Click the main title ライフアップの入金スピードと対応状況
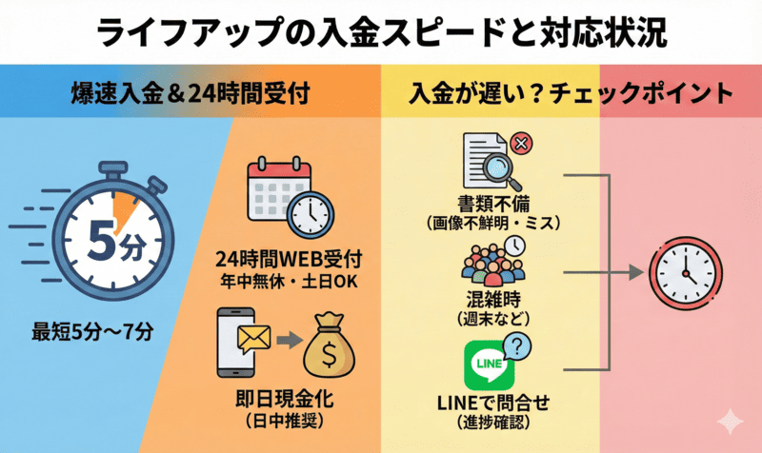pyautogui.click(x=381, y=30)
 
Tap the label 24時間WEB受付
pyautogui.click(x=291, y=258)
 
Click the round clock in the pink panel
pyautogui.click(x=681, y=272)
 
